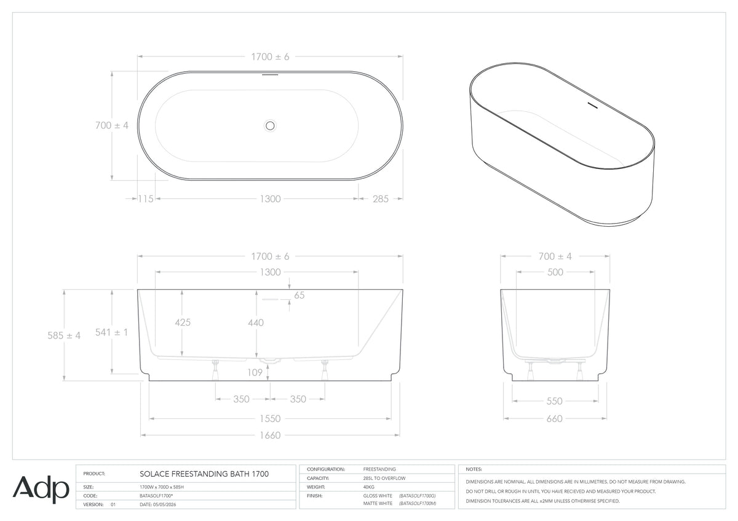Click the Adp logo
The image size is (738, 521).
tap(41, 490)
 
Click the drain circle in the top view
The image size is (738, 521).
tap(270, 126)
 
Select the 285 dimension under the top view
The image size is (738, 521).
tap(381, 199)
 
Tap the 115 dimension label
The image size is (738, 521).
tap(146, 199)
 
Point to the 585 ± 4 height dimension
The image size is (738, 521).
tap(64, 335)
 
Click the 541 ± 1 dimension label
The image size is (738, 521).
tap(111, 332)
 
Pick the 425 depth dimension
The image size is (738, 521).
tap(183, 323)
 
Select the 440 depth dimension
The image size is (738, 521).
tap(256, 323)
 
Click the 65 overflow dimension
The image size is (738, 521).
tap(299, 296)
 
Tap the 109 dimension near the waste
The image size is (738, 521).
tap(255, 372)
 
